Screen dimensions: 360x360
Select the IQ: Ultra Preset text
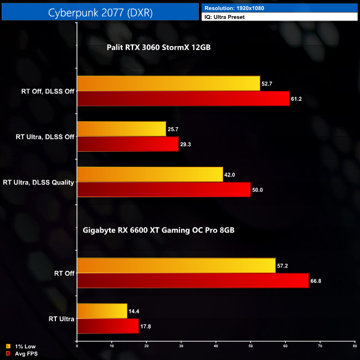(225, 17)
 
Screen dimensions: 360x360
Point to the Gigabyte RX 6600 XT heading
(158, 229)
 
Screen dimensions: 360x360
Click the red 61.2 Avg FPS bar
(183, 99)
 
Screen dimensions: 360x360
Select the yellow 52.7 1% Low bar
(168, 84)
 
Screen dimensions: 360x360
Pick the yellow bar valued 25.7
(121, 129)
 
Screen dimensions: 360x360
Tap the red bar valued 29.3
(128, 144)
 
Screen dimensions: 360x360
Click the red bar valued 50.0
(163, 189)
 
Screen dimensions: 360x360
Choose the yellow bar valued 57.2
(176, 265)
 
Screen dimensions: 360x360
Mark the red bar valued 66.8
(193, 280)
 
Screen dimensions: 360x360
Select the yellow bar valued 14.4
(102, 311)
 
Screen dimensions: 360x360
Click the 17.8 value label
(146, 326)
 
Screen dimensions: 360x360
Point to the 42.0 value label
(230, 174)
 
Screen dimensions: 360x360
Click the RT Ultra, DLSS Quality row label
(39, 182)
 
